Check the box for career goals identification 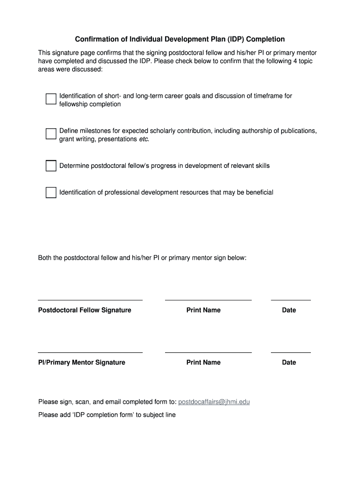(x=51, y=99)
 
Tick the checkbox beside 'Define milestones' (x=51, y=134)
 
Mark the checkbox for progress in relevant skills (x=51, y=166)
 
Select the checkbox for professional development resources (x=51, y=192)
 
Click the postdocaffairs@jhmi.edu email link (x=214, y=402)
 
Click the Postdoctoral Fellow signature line (x=90, y=299)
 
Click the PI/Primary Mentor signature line (x=90, y=351)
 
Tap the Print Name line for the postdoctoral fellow (x=208, y=299)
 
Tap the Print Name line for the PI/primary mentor (x=208, y=351)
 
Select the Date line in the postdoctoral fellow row (x=291, y=299)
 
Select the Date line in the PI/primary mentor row (x=291, y=351)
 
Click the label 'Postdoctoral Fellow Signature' (x=85, y=310)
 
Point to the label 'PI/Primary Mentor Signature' (x=81, y=363)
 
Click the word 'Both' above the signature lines (x=45, y=258)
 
